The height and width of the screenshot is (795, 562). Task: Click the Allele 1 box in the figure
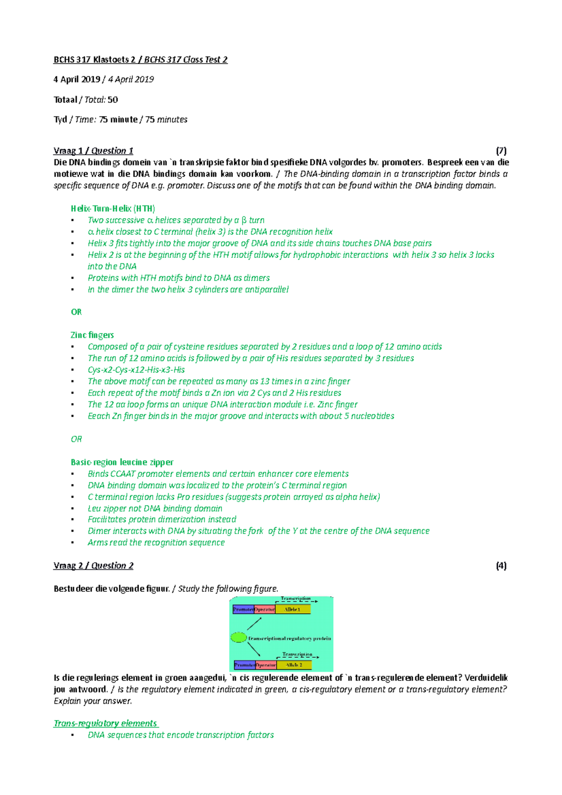pyautogui.click(x=293, y=610)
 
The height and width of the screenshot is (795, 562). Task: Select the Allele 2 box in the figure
pyautogui.click(x=294, y=665)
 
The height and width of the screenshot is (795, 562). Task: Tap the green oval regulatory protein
pyautogui.click(x=239, y=637)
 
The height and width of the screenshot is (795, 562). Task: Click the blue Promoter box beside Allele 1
pyautogui.click(x=244, y=610)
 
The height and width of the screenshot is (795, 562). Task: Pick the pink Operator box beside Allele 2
pyautogui.click(x=266, y=665)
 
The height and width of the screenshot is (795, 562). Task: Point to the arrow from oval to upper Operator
pyautogui.click(x=254, y=624)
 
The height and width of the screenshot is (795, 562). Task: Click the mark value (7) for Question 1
pyautogui.click(x=501, y=151)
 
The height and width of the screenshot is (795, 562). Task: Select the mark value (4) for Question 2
pyautogui.click(x=501, y=566)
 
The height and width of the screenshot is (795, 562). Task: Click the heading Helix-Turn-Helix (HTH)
pyautogui.click(x=113, y=209)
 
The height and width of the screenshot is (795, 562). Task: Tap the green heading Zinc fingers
pyautogui.click(x=92, y=335)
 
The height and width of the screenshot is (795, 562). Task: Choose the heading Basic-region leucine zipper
pyautogui.click(x=122, y=462)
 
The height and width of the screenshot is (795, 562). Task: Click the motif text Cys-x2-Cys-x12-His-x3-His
pyautogui.click(x=136, y=370)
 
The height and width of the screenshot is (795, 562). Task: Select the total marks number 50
pyautogui.click(x=112, y=100)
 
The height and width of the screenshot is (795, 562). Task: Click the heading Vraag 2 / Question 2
pyautogui.click(x=93, y=566)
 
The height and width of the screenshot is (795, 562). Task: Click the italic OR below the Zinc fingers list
pyautogui.click(x=76, y=439)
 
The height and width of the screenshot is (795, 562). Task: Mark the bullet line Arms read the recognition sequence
pyautogui.click(x=156, y=543)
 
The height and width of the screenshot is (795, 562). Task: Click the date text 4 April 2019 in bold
pyautogui.click(x=77, y=80)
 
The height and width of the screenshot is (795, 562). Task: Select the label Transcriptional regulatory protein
pyautogui.click(x=289, y=639)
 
